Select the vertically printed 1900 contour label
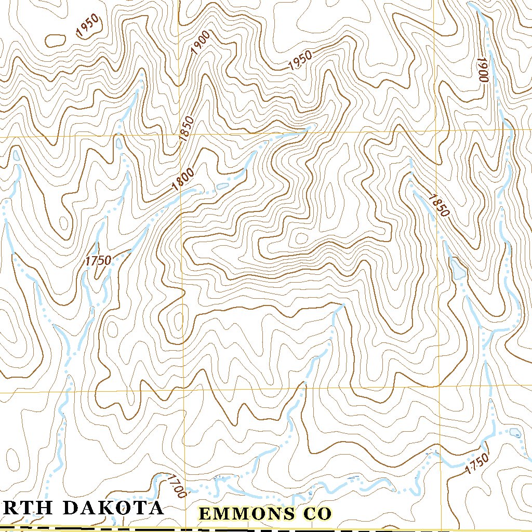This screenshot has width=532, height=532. click(484, 70)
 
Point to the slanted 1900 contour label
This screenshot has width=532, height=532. click(200, 43)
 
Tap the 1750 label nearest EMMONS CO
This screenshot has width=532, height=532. click(476, 463)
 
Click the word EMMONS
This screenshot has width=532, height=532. click(247, 514)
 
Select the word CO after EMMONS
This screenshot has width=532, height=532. click(316, 514)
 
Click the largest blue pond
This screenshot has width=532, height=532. click(458, 268)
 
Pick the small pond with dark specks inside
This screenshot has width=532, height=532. click(515, 432)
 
